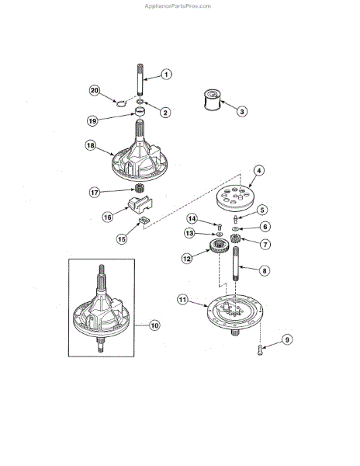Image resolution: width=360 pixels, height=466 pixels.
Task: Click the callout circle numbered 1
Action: tap(166, 75)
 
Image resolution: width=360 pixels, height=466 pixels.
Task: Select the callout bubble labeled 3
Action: tap(242, 112)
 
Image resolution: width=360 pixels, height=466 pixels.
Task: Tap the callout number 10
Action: tap(154, 325)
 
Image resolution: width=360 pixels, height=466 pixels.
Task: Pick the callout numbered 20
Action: tap(95, 91)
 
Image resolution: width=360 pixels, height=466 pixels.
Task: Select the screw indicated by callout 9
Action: tap(258, 353)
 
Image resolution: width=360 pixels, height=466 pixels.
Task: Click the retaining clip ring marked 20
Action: tap(120, 101)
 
